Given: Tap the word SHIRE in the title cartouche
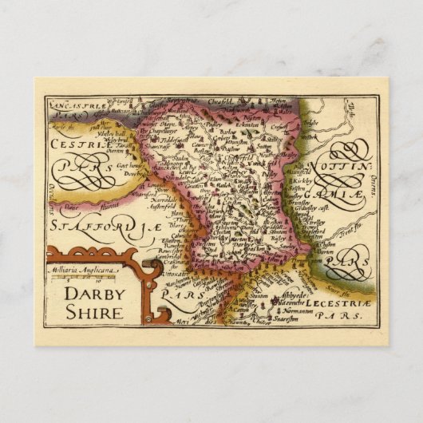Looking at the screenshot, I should pyautogui.click(x=94, y=314).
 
